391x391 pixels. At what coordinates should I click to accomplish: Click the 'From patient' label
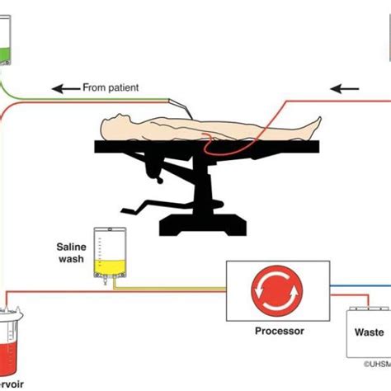pyautogui.click(x=111, y=87)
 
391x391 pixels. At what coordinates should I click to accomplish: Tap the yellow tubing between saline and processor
pyautogui.click(x=173, y=289)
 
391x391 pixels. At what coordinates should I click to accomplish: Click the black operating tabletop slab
pyautogui.click(x=206, y=148)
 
